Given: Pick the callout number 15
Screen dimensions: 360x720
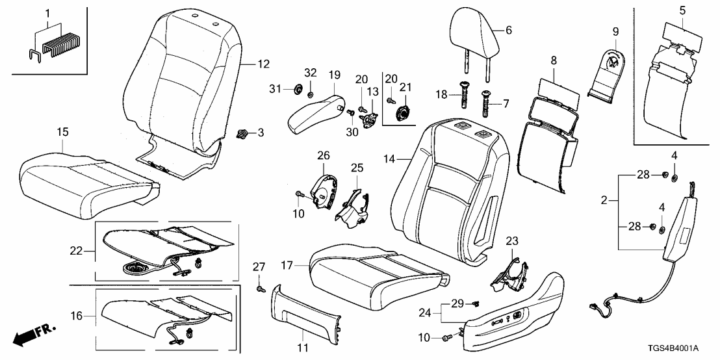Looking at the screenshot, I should pyautogui.click(x=61, y=131).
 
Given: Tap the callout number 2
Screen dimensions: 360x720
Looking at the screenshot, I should pyautogui.click(x=604, y=201).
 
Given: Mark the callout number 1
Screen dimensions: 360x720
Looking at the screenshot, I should pyautogui.click(x=47, y=12).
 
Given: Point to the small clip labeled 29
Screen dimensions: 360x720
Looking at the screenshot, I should pyautogui.click(x=476, y=304).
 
